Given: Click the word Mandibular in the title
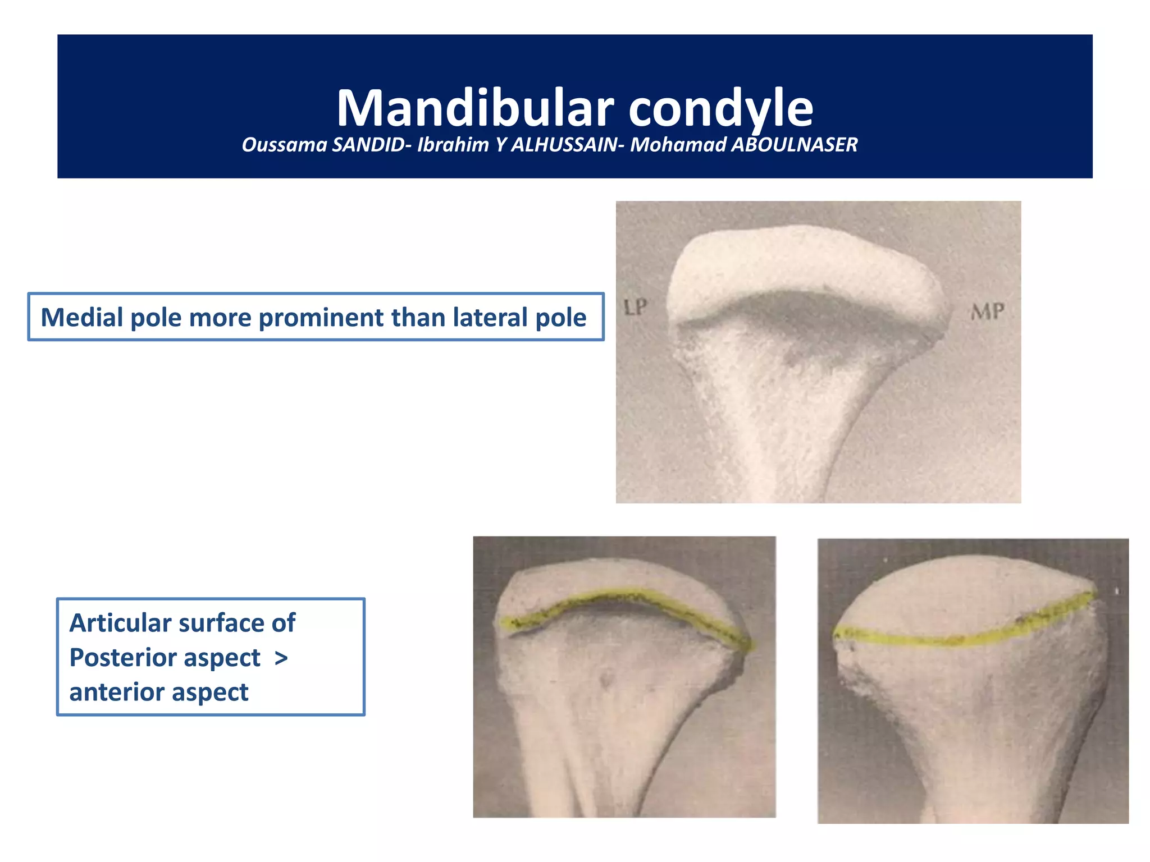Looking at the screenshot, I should [475, 108].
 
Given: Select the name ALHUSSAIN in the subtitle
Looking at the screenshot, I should [564, 145].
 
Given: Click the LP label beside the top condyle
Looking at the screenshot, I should [636, 307].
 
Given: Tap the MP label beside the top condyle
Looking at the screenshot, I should [988, 311].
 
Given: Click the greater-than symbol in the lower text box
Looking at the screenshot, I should [281, 658].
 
